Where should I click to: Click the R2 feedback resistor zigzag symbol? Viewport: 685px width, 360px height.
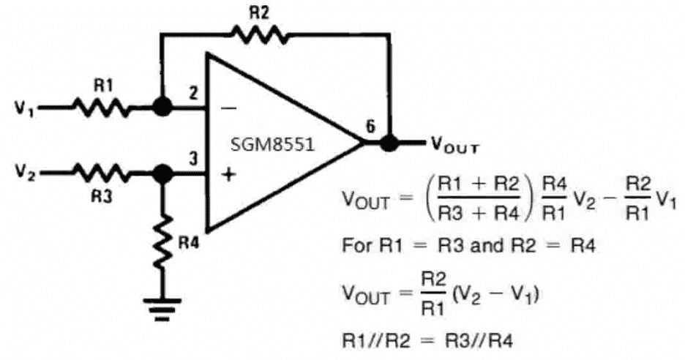260,34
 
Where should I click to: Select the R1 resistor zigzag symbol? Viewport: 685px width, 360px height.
102,108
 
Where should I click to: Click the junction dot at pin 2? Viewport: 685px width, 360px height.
162,108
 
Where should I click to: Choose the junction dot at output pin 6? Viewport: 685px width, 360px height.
389,142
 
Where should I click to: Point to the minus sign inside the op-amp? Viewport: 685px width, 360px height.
228,108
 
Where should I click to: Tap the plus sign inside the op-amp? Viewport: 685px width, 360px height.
228,175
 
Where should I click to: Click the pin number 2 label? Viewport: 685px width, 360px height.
192,93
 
